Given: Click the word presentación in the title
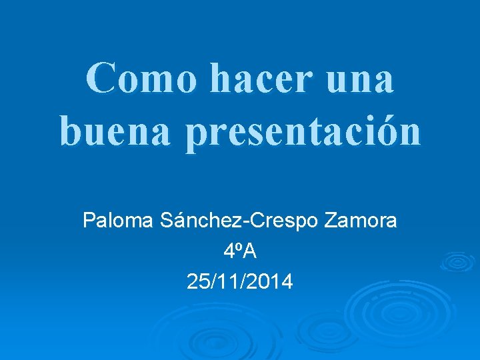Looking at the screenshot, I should point(303,132).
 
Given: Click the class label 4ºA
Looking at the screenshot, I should point(240,251).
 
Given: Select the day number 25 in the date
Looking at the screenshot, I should point(198,282).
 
